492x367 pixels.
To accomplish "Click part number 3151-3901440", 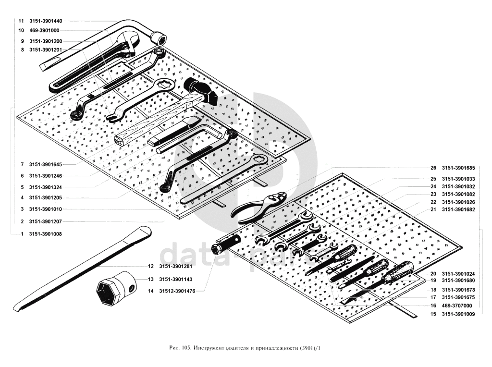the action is click(x=45, y=21).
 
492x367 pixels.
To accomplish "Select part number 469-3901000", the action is click(x=44, y=30).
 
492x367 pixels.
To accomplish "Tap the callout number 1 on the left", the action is click(x=22, y=233).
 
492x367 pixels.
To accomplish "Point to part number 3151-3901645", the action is click(x=45, y=164).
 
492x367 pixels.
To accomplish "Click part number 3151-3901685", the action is click(x=458, y=168).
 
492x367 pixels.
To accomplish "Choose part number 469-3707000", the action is click(x=457, y=306).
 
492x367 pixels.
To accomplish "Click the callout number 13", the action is click(x=151, y=279).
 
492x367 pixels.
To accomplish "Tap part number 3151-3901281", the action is click(x=176, y=266).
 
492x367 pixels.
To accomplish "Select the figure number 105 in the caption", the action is click(x=187, y=347).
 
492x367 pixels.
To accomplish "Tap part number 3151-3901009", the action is click(x=458, y=314).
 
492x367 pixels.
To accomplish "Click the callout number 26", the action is click(x=433, y=168).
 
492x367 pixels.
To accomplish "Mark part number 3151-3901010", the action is click(x=45, y=209).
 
